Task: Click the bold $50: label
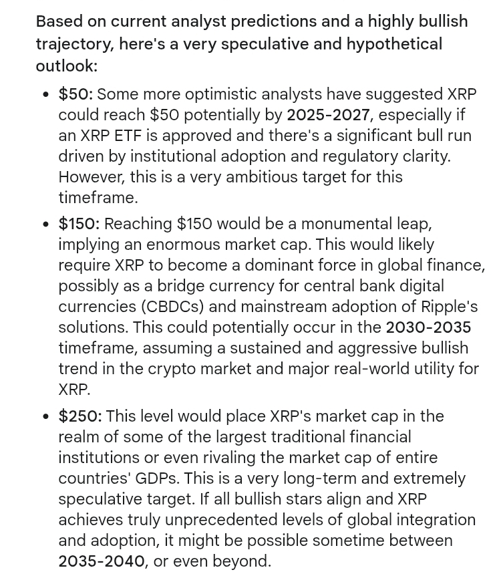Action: tap(75, 94)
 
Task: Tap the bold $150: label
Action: tap(78, 224)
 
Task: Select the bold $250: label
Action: tap(79, 416)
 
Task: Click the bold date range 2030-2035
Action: tap(428, 327)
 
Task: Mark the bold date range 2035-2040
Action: tap(102, 561)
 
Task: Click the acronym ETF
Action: tap(127, 136)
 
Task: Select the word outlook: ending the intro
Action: tap(66, 65)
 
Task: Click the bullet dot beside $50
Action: tap(45, 95)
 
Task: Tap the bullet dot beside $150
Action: tap(45, 225)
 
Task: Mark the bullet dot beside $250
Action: tap(45, 417)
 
